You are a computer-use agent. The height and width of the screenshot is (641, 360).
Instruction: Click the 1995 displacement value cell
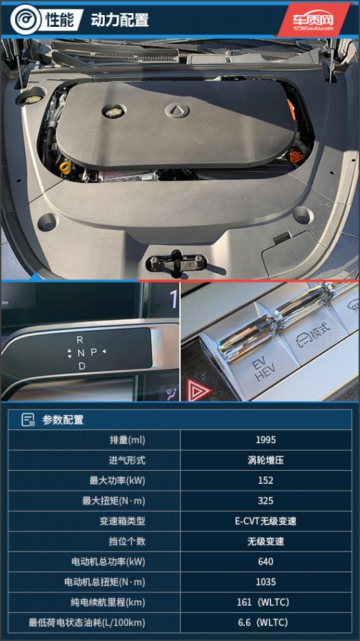click(266, 440)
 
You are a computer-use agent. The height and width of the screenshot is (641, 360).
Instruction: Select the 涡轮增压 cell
click(266, 460)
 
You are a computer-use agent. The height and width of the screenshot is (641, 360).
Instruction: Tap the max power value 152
click(266, 480)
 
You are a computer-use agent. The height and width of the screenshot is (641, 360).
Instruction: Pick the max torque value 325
click(266, 501)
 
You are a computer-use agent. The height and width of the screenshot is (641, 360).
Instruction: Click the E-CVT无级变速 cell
click(266, 521)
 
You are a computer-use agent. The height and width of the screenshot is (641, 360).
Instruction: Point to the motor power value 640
click(266, 562)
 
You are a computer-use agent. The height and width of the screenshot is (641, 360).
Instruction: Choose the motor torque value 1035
click(266, 582)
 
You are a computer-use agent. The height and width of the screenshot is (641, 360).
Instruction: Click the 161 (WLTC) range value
click(263, 602)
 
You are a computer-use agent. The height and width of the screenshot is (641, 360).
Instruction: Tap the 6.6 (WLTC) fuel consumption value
click(263, 622)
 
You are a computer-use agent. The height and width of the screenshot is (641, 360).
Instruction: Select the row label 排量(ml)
click(127, 440)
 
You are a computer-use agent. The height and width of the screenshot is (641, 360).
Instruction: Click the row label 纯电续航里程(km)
click(108, 602)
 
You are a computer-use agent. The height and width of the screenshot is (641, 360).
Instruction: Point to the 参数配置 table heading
click(63, 420)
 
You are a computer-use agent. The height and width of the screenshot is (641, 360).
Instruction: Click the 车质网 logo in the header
click(313, 21)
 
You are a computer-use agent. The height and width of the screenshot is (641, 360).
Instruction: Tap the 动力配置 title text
click(119, 19)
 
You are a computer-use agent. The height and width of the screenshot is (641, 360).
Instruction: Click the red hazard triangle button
click(199, 389)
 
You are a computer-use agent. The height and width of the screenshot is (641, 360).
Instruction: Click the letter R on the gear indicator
click(80, 340)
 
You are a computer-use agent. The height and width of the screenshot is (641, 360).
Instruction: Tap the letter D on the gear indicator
click(82, 366)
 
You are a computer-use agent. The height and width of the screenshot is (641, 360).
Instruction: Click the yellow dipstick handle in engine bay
click(65, 167)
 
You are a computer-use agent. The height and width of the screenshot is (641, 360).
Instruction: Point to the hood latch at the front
click(177, 262)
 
